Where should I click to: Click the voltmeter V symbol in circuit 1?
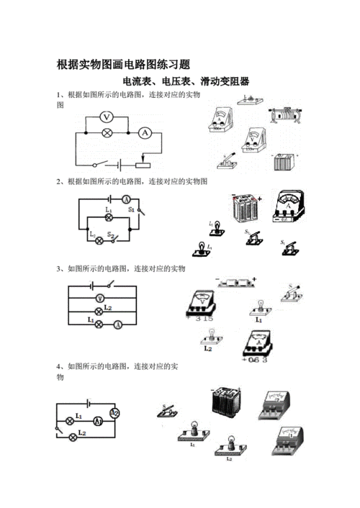pos(107,116)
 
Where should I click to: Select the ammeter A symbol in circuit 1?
pos(144,133)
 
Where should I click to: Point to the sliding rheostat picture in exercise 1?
pos(282,113)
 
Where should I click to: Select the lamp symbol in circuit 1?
pos(107,133)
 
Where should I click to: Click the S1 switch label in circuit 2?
pos(132,207)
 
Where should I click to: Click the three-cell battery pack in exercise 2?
pos(247,210)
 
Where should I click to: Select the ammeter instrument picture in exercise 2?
pos(290,207)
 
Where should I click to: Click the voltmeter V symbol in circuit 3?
pos(99,299)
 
